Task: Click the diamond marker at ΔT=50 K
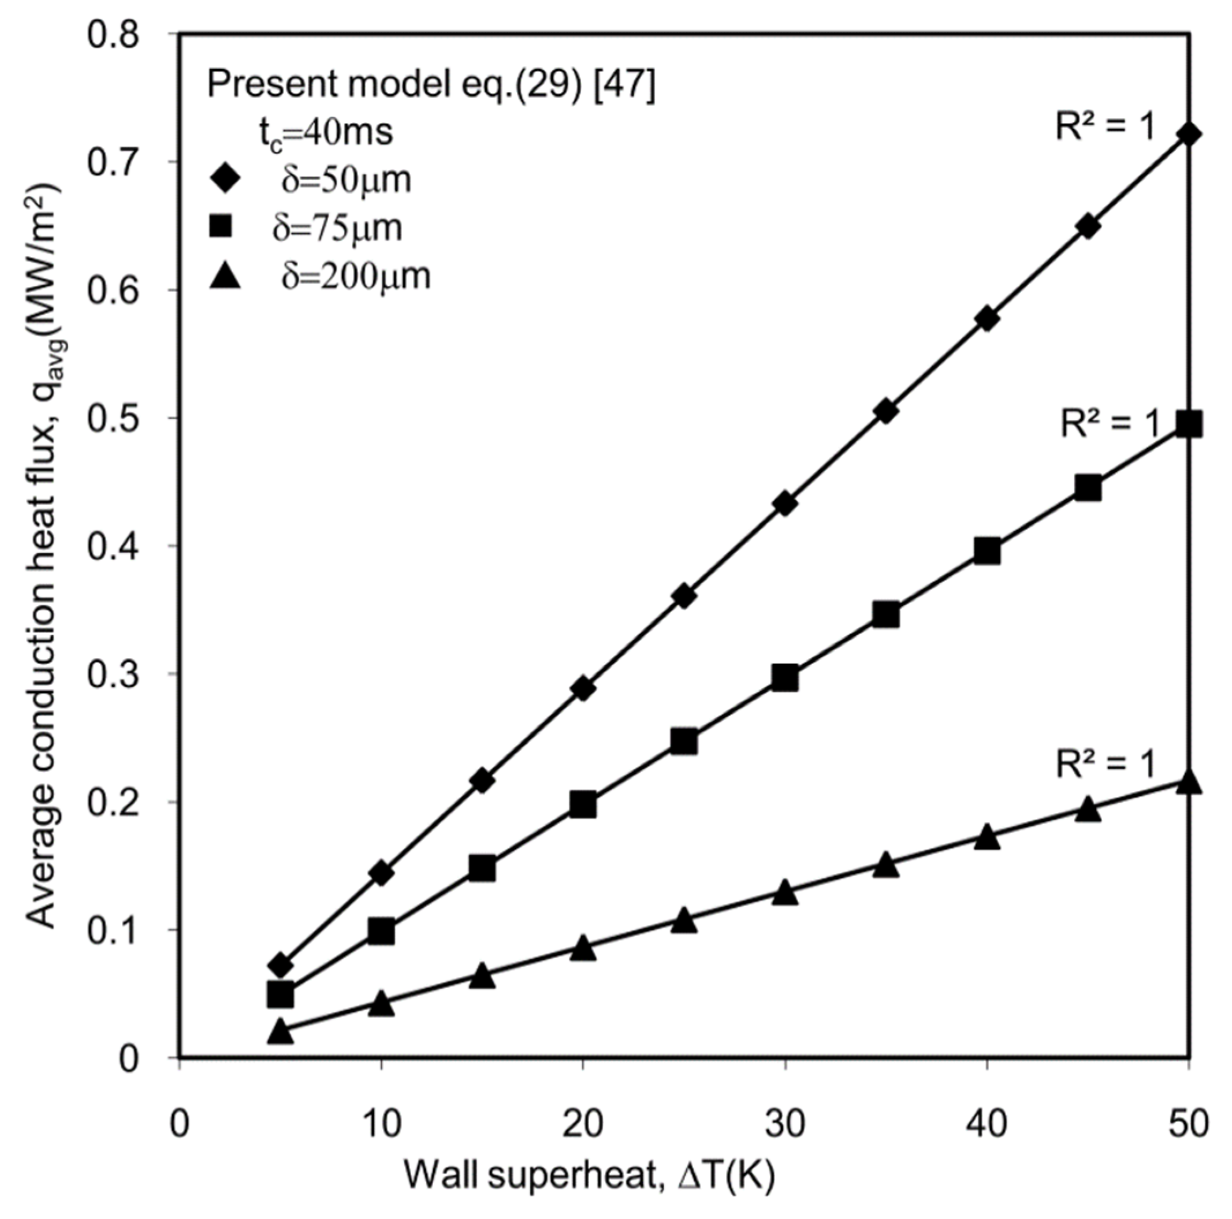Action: pos(1189,135)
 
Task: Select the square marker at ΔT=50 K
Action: pos(1189,424)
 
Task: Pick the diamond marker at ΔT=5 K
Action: pos(281,965)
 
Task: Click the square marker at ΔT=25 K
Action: pos(684,741)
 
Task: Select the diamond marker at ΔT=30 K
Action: pos(785,504)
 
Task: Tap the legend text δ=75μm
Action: pos(337,228)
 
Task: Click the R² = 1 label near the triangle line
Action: pos(1105,764)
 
